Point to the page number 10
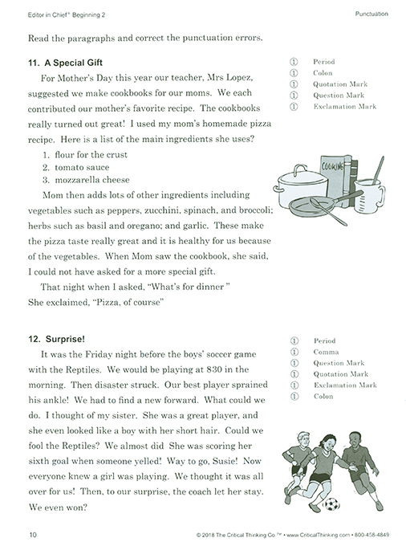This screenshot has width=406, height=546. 32,534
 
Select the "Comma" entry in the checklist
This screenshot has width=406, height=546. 326,352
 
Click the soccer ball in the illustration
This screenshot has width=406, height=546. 330,504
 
